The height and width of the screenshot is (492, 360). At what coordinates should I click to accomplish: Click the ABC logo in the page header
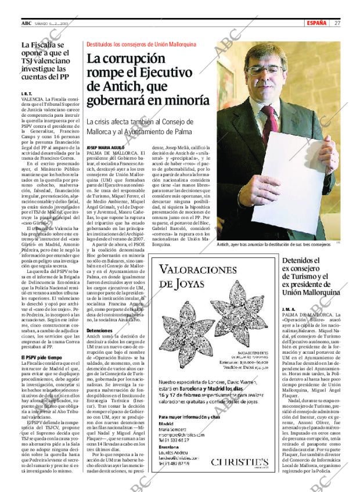26,23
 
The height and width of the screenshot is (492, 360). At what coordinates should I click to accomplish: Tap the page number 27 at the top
337,23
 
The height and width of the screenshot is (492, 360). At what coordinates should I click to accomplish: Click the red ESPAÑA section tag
317,23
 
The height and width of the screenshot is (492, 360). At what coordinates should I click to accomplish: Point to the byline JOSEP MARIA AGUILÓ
105,148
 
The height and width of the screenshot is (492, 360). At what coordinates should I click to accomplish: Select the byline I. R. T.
26,94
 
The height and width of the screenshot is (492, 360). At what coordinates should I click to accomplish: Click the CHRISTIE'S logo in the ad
239,462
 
